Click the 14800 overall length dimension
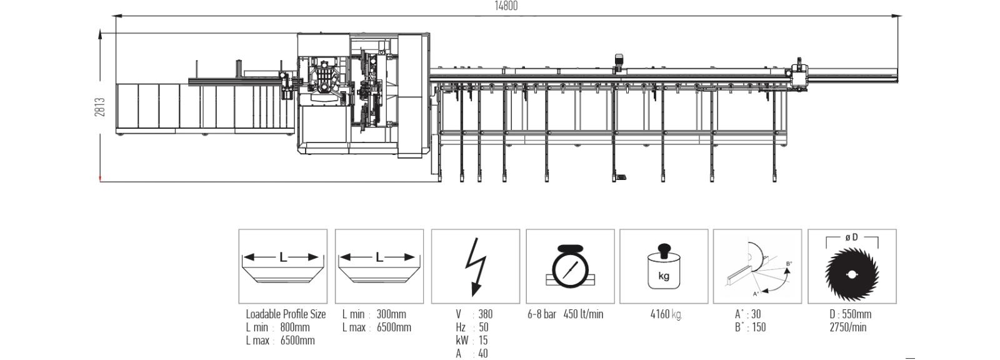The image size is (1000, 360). tap(506, 6)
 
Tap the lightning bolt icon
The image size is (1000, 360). tap(475, 267)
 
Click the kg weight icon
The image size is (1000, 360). tap(663, 266)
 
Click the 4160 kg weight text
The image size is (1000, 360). tap(666, 314)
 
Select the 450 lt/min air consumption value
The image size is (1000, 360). tap(583, 314)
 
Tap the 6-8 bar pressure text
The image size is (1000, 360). tap(542, 314)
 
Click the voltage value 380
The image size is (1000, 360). tap(485, 314)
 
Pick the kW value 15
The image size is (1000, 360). tap(483, 341)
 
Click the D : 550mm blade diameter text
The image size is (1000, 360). tap(850, 314)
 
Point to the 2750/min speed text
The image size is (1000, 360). tap(847, 327)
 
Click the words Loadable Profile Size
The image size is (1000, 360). tap(286, 314)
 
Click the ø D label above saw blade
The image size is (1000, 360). tap(851, 237)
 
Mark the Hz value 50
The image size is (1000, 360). tap(484, 327)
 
